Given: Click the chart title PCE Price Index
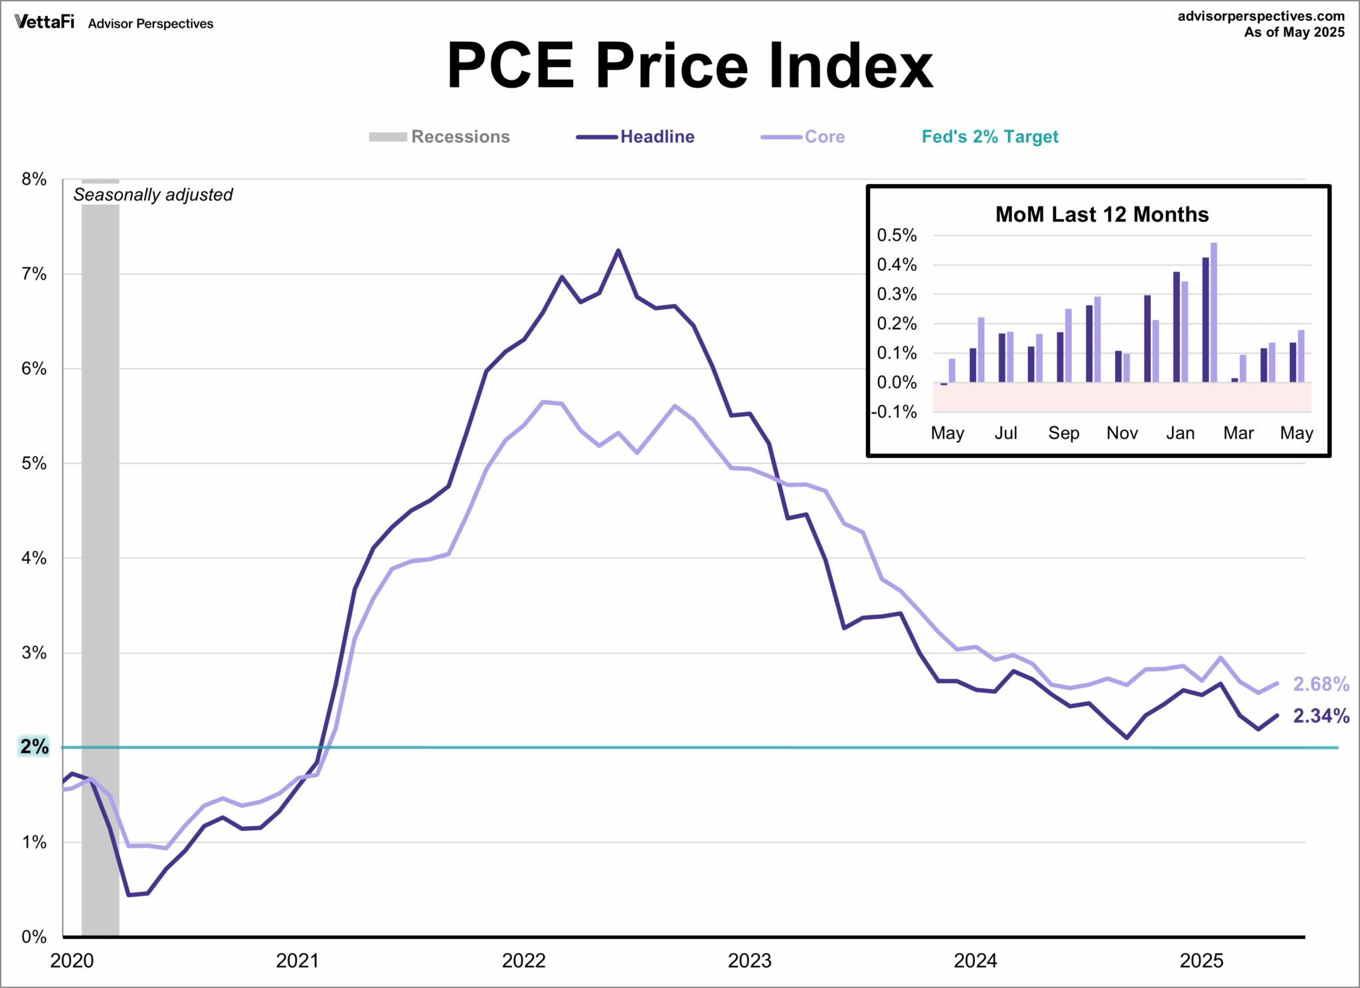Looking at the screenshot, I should [689, 66].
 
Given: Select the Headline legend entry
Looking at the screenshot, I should [657, 137].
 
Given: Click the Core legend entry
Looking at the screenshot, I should [824, 137].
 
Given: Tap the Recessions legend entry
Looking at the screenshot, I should [460, 137].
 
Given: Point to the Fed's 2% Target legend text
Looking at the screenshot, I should [989, 137].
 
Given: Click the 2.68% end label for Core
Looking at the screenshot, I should [1320, 684].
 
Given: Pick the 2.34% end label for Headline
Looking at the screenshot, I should [1320, 716].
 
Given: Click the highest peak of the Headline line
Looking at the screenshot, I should [618, 251].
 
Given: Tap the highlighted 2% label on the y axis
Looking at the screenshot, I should [34, 747].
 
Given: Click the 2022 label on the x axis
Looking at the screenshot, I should [523, 961].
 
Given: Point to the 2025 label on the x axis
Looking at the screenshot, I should [1201, 961].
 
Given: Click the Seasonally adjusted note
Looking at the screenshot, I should [153, 195].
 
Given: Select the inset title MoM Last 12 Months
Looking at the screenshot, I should [1102, 214].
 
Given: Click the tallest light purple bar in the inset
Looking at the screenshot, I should [1213, 312].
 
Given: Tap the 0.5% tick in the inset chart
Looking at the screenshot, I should [896, 235].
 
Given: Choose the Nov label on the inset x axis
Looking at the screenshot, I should [1122, 433].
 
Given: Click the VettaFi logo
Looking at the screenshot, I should [44, 23].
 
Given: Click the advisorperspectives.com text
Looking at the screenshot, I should [1260, 16].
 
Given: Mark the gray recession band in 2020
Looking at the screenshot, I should [100, 564].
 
